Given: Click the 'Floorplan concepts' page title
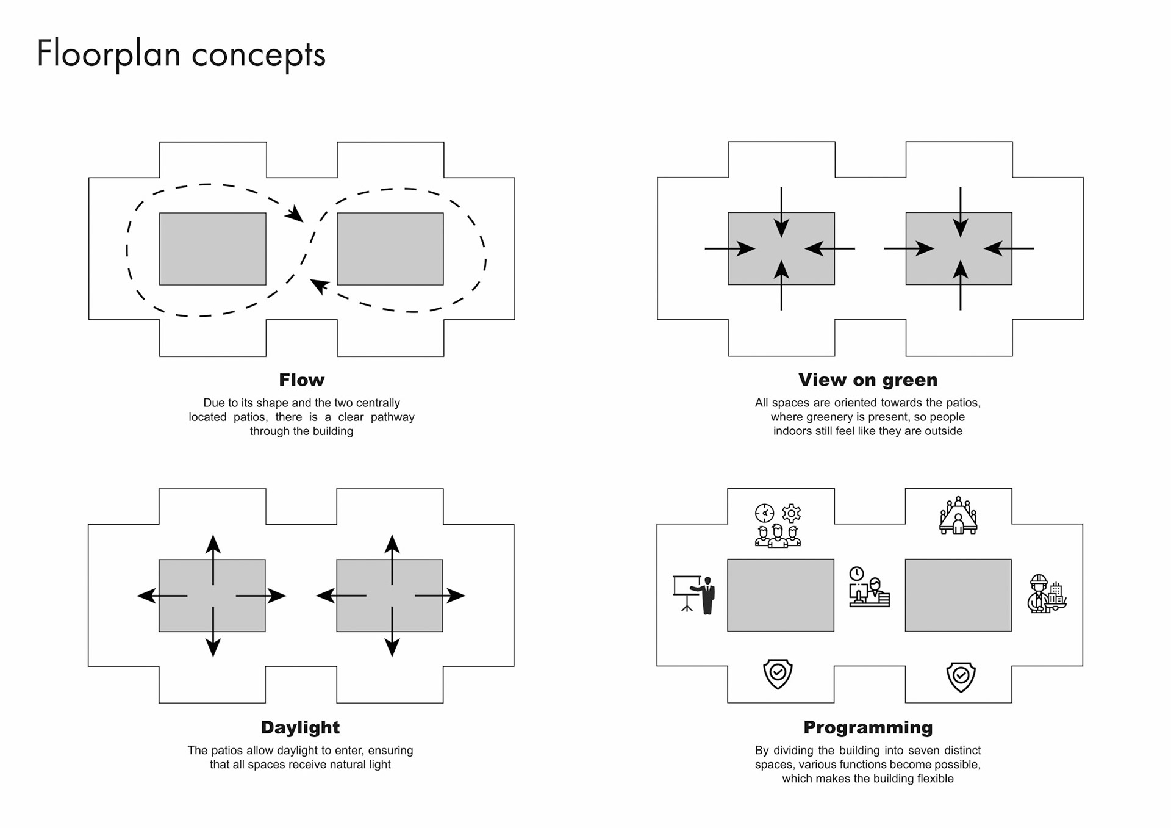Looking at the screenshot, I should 181,54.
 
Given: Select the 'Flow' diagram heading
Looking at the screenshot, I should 301,380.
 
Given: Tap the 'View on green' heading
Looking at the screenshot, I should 867,380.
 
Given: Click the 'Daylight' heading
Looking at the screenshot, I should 300,727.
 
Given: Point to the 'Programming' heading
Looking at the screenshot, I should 867,727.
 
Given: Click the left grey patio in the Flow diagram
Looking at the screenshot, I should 212,248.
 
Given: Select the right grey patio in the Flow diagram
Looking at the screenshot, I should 390,248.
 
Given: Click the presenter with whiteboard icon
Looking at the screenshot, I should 693,594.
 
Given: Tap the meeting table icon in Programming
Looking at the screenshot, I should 958,516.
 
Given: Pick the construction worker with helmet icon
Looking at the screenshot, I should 1047,594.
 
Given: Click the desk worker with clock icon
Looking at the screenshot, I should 869,587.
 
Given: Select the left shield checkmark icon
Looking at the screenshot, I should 778,674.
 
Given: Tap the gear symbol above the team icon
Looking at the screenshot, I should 791,513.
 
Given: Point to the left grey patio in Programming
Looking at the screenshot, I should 780,595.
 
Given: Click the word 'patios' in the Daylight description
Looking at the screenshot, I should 227,751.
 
